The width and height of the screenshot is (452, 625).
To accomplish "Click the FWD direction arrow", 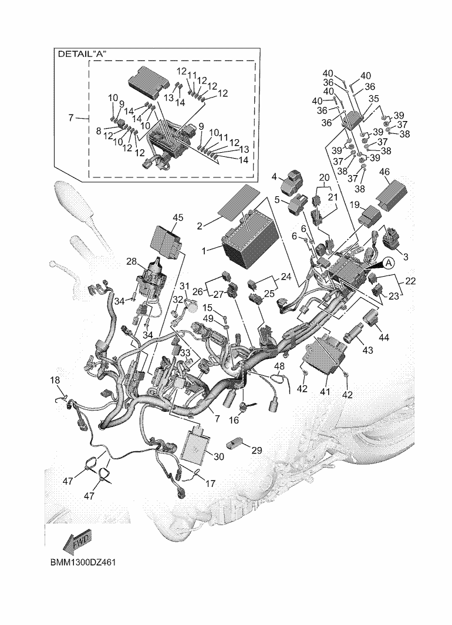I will (x=76, y=542).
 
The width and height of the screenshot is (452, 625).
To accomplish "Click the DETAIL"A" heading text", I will (x=86, y=53).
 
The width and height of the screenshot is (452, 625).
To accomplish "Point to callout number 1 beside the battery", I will (x=204, y=250).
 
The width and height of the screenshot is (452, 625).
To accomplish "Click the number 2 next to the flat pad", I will (x=200, y=226).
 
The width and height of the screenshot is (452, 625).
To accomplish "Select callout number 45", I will (x=178, y=217).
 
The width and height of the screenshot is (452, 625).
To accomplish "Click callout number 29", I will (x=257, y=450).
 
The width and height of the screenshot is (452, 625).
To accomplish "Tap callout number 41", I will (x=325, y=391).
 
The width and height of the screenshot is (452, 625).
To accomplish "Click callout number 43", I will (x=367, y=351).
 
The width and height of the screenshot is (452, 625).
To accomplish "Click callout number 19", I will (x=355, y=205).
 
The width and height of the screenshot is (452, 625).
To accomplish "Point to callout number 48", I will (x=280, y=367).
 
